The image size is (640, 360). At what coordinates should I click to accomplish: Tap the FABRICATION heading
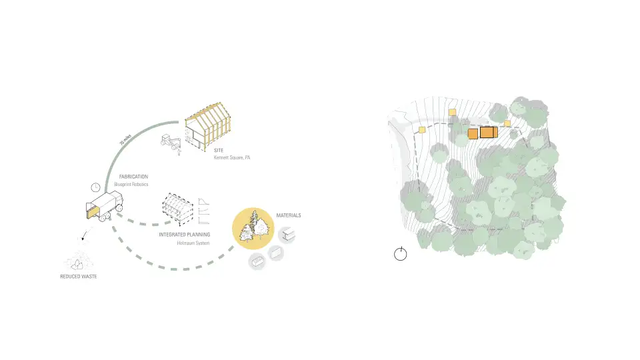click(x=133, y=177)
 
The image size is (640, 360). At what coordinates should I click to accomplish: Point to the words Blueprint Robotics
click(x=131, y=184)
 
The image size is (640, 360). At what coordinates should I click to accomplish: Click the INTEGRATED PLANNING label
click(x=185, y=235)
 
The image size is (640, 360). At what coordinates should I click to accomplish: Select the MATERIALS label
click(x=289, y=215)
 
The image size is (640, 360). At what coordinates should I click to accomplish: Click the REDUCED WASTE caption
click(x=78, y=276)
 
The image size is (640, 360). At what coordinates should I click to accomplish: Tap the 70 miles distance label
click(x=125, y=141)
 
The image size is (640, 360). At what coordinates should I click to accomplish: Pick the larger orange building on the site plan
click(x=489, y=132)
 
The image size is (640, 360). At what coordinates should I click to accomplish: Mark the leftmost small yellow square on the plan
click(x=421, y=130)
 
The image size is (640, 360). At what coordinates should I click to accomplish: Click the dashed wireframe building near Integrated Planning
click(x=177, y=208)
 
